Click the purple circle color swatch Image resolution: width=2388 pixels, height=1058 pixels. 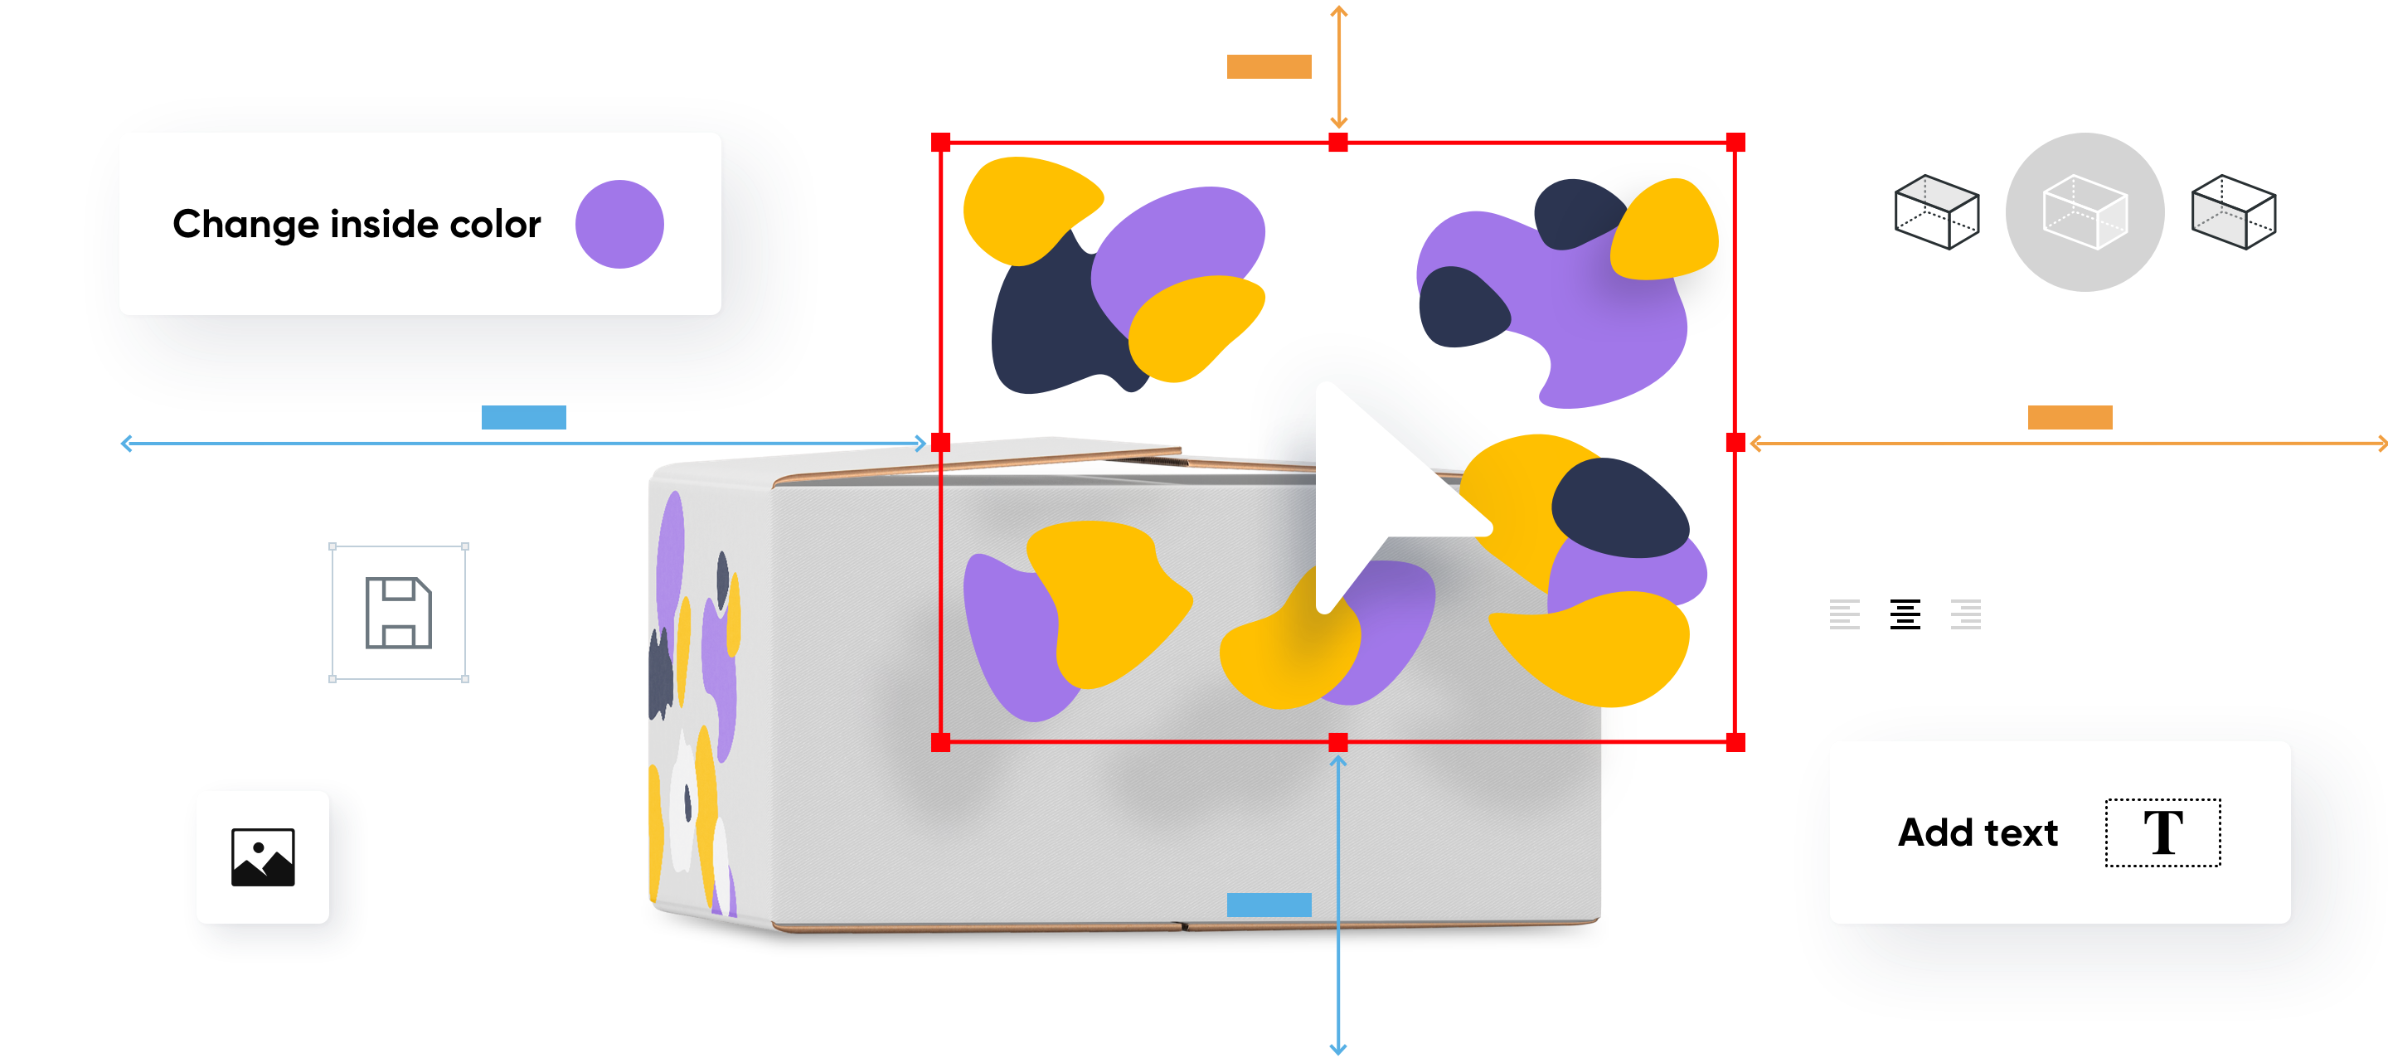coord(619,225)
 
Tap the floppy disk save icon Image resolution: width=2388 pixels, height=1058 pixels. coord(399,613)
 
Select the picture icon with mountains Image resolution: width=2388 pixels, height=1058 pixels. coord(262,857)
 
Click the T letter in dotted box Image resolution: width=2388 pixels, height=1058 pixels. coord(2162,832)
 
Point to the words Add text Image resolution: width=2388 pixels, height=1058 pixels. coord(1978,832)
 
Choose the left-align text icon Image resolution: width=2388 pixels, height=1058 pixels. coord(1844,614)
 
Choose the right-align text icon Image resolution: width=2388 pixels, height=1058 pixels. coord(1965,614)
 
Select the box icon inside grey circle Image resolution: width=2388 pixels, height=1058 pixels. coord(2085,212)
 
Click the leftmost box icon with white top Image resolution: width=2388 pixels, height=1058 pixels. coord(1937,212)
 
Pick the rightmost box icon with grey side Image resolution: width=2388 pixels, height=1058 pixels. coord(2233,212)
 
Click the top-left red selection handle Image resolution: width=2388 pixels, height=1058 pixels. coord(941,143)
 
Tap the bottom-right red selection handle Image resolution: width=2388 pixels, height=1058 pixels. coord(1735,742)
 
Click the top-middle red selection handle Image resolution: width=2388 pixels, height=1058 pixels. coord(1337,143)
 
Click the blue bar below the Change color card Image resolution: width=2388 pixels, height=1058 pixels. coord(524,417)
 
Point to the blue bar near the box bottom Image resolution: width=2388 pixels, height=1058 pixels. coord(1268,904)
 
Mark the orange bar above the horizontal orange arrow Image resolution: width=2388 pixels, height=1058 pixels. coord(2069,417)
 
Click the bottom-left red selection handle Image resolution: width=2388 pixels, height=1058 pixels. coord(941,742)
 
